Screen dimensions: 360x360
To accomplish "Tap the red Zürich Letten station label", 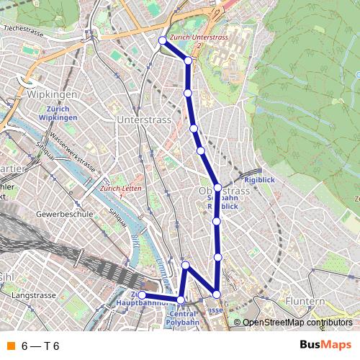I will coord(121,189).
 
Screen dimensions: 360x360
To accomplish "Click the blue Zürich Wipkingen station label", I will coord(58,113).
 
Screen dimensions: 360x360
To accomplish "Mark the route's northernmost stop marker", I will coord(163,40).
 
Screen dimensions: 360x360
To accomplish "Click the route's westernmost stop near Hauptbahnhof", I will coord(143,295).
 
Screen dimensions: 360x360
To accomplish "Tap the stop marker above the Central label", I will coord(181,300).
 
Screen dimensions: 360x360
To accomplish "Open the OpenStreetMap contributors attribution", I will coord(297,323).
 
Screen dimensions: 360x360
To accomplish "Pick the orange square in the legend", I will coord(11,346).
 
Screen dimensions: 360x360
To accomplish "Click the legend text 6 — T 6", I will coord(40,346).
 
